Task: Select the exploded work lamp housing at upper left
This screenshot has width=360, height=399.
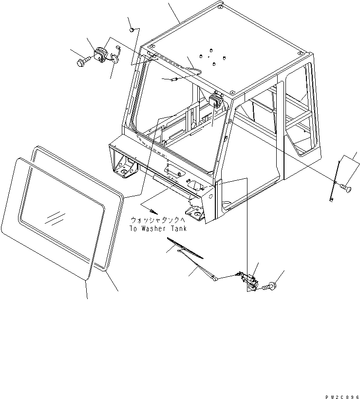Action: tap(101, 55)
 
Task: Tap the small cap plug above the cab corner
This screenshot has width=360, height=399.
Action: tap(132, 30)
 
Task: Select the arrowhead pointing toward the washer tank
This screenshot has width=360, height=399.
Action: tap(154, 211)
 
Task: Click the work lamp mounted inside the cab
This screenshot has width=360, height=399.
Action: tap(215, 102)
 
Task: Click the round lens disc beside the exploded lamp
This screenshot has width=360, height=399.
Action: tap(115, 59)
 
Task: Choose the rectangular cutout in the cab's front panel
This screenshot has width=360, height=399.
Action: tap(173, 169)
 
